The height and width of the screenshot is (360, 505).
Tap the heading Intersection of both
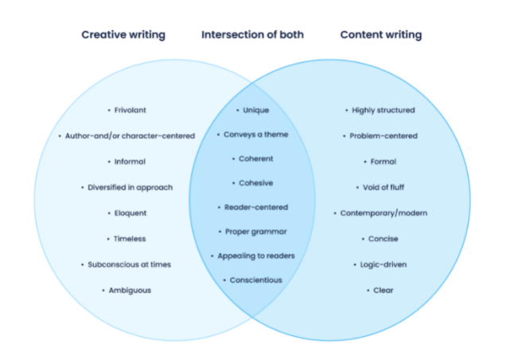pyautogui.click(x=252, y=35)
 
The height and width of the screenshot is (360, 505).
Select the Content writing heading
pyautogui.click(x=381, y=35)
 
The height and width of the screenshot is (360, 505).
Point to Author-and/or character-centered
pyautogui.click(x=130, y=136)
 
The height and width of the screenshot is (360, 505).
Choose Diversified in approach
pyautogui.click(x=130, y=188)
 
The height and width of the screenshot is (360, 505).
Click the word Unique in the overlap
pyautogui.click(x=254, y=110)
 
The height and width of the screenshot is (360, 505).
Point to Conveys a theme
pyautogui.click(x=255, y=134)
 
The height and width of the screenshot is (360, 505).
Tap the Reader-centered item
pyautogui.click(x=255, y=207)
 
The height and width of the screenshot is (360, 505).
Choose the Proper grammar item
pyautogui.click(x=255, y=231)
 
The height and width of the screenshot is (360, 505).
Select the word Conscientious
pyautogui.click(x=255, y=280)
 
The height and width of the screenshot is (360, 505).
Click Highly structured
pyautogui.click(x=383, y=110)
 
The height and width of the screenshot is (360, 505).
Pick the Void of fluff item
pyautogui.click(x=383, y=188)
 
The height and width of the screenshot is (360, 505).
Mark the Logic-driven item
pyautogui.click(x=383, y=265)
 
